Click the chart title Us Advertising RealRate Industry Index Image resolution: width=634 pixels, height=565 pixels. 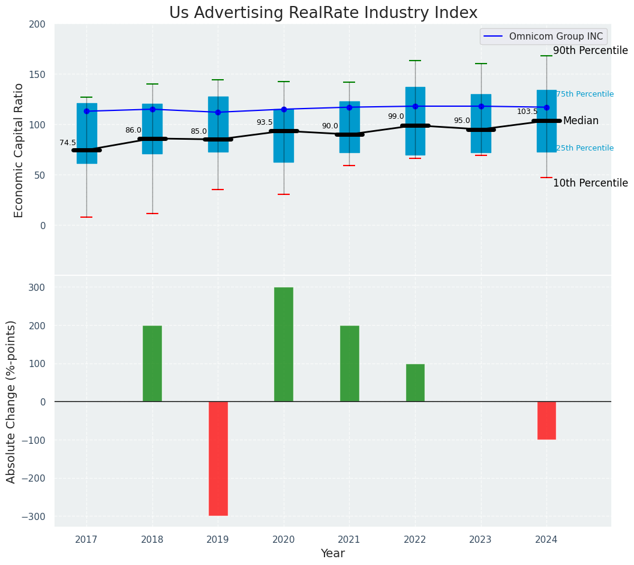pos(323,13)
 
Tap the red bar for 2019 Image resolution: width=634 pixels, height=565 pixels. pos(218,458)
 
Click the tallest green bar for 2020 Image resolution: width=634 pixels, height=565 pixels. pos(284,344)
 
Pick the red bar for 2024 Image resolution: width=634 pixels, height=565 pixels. pos(546,420)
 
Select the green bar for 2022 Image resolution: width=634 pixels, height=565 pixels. pos(415,383)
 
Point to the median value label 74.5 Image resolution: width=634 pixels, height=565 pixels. pos(68,143)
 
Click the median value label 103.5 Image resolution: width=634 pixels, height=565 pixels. pos(527,112)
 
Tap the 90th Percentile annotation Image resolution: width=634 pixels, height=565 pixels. pos(590,51)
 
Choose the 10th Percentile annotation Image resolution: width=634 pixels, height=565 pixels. pos(590,184)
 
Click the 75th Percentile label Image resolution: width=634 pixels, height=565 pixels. pos(585,94)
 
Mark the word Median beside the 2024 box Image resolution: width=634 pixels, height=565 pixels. pos(581,121)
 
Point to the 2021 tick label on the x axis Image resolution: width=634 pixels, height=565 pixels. pos(349,540)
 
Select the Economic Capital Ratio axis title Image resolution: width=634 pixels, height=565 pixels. pos(19,151)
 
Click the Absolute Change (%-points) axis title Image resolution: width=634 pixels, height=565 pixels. pos(12,401)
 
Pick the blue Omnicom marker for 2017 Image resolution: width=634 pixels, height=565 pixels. pos(86,111)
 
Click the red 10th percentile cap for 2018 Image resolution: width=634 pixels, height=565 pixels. pos(152,214)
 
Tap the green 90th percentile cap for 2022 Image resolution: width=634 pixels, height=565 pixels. pos(415,61)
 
